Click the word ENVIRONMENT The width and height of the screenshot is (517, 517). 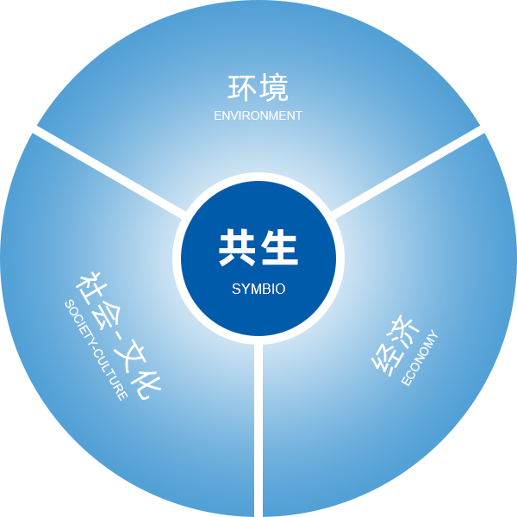coord(258,115)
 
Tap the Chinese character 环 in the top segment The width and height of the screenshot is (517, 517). coord(242,88)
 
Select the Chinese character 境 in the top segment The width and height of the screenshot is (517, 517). coord(274,88)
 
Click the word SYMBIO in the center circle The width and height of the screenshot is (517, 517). coord(258,289)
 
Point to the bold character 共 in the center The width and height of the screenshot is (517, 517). coord(238,247)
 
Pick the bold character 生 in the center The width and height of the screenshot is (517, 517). coord(279,247)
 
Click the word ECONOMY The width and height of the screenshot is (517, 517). coord(420,358)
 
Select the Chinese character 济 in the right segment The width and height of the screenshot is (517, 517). coord(404,332)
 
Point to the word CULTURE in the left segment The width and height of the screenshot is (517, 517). coord(110,375)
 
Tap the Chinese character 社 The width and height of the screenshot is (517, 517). coord(89,288)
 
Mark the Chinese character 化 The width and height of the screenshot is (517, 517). coord(146,383)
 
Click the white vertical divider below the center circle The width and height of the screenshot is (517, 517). coord(258,430)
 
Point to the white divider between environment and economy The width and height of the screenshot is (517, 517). coord(408,172)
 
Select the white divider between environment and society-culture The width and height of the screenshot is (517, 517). coord(109,172)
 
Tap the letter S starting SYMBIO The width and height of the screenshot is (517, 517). coord(236,289)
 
